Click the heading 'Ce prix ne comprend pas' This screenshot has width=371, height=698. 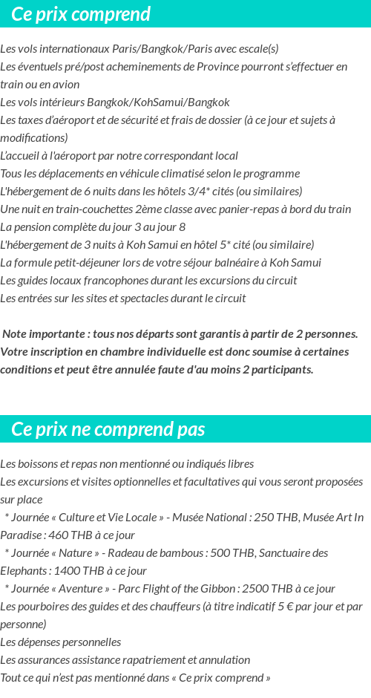pyautogui.click(x=108, y=429)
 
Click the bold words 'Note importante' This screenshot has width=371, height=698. pyautogui.click(x=44, y=334)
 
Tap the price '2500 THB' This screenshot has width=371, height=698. pyautogui.click(x=265, y=589)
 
